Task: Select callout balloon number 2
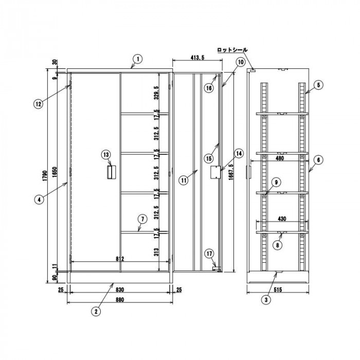coord(96,311)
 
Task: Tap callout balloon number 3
coord(266,299)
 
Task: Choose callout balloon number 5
coord(318,84)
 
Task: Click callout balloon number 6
coord(318,160)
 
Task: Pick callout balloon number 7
coord(141,219)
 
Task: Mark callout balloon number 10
coord(241,61)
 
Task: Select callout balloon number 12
coord(38,103)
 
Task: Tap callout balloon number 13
coord(106,154)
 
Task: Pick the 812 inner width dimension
coord(120,258)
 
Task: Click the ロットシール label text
coord(232,50)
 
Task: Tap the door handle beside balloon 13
coord(111,172)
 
